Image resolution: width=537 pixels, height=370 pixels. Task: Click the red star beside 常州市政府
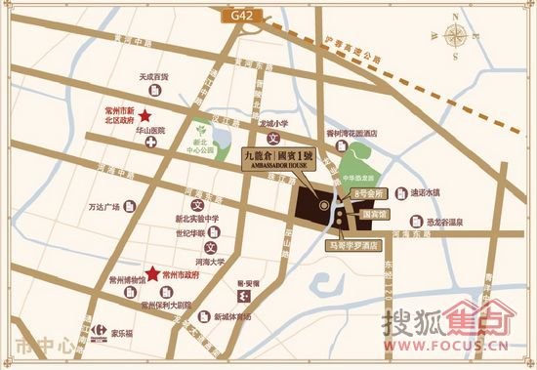point(151,275)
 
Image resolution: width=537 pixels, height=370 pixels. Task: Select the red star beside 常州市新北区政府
point(146,114)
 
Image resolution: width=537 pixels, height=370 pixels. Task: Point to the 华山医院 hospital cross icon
point(151,143)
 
